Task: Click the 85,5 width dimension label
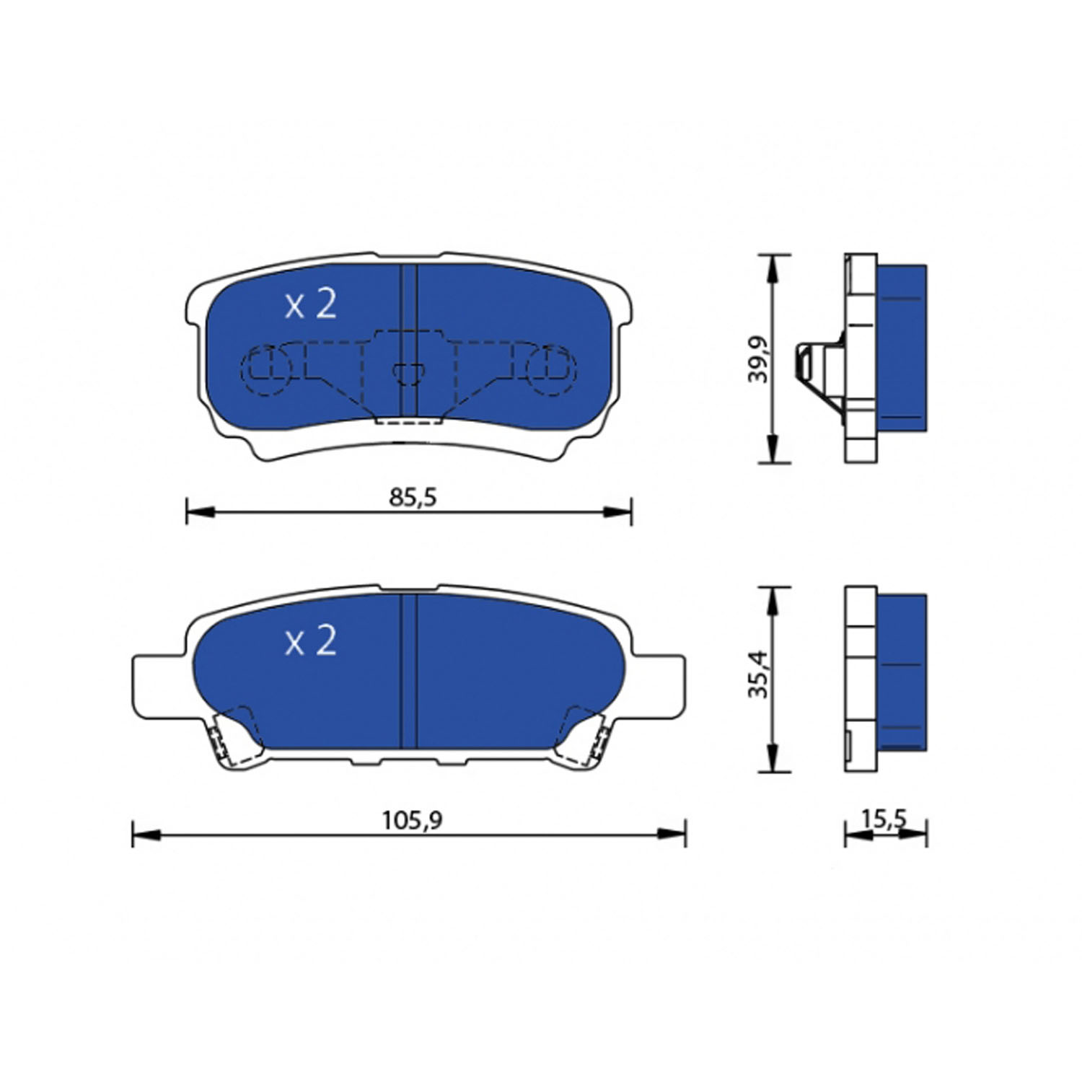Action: (x=413, y=497)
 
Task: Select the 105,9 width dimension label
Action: (x=412, y=820)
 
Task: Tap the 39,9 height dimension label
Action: (x=757, y=359)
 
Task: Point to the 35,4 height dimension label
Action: (x=757, y=674)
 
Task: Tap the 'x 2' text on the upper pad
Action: (x=311, y=305)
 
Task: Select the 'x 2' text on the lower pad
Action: (x=311, y=641)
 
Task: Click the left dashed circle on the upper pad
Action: (x=265, y=370)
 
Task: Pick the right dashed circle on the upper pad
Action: (x=552, y=370)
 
